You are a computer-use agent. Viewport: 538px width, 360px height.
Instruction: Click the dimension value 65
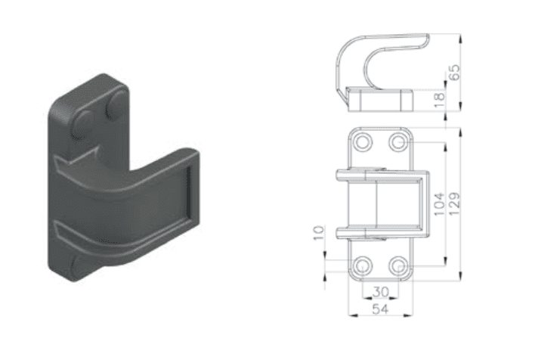click(x=455, y=73)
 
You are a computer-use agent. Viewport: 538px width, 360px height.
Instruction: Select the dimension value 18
click(x=440, y=101)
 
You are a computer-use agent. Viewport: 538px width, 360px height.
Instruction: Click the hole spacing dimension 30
click(x=381, y=293)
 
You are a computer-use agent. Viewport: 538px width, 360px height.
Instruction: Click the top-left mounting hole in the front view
click(x=363, y=142)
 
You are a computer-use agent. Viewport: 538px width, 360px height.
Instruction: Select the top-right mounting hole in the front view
click(x=398, y=142)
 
